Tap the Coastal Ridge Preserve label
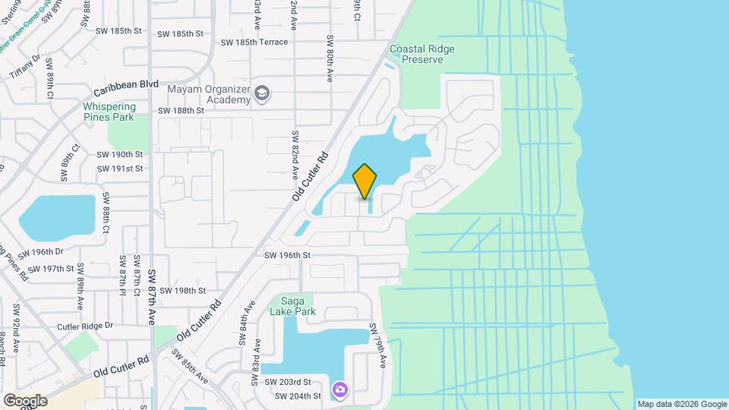(x=421, y=54)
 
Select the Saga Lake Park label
(x=292, y=305)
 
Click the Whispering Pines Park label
(x=109, y=112)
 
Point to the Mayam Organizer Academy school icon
(x=262, y=93)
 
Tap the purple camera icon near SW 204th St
(x=340, y=390)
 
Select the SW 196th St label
(x=287, y=256)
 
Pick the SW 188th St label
(x=180, y=110)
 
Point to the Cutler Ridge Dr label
(x=85, y=326)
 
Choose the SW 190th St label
(x=119, y=154)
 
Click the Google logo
(x=24, y=400)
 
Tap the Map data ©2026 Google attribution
(x=681, y=404)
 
